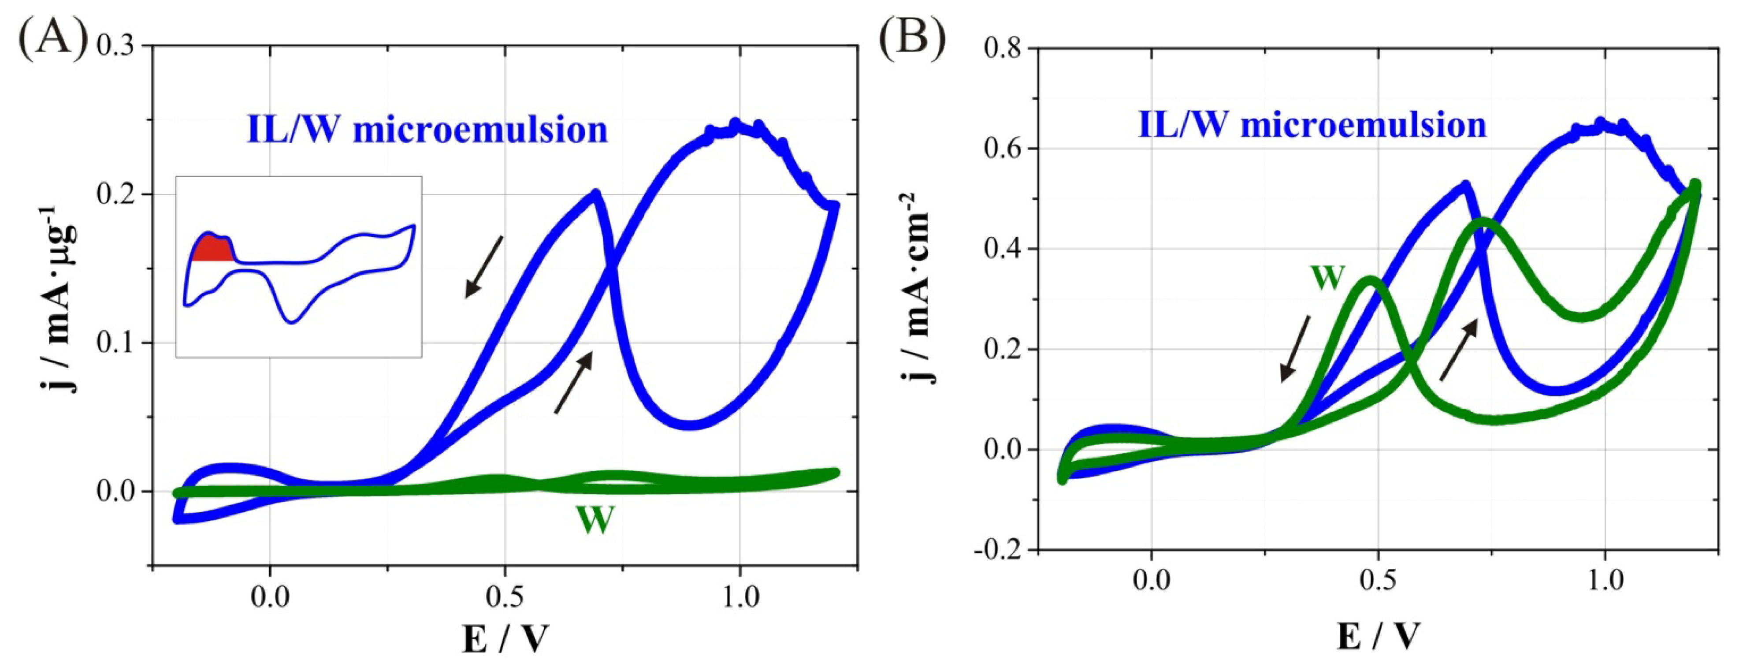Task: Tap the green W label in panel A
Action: click(595, 520)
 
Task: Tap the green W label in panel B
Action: click(1327, 278)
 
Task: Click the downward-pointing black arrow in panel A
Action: click(483, 267)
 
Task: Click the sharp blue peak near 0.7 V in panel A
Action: click(595, 194)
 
